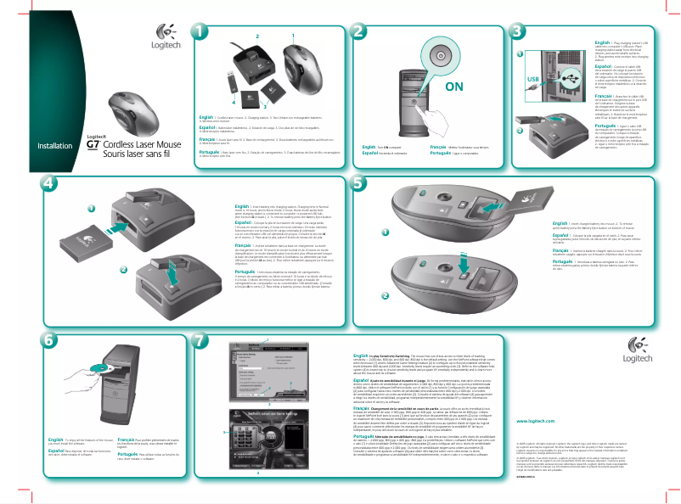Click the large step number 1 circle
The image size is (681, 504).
199,31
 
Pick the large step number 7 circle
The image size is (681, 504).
200,339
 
